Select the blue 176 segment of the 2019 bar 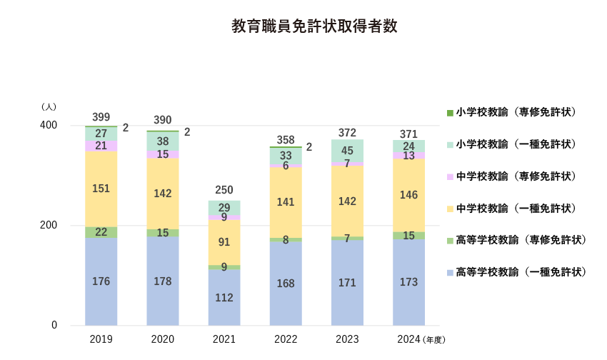pos(101,281)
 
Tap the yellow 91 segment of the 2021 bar pos(224,242)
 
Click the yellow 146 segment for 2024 pos(408,194)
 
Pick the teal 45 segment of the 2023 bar pos(347,151)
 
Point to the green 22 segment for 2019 pos(101,232)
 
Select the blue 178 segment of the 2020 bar pos(163,281)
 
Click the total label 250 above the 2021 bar pos(224,190)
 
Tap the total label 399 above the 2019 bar pos(101,117)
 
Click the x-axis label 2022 pos(286,339)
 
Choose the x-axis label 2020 pos(163,339)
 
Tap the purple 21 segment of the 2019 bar pos(101,146)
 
